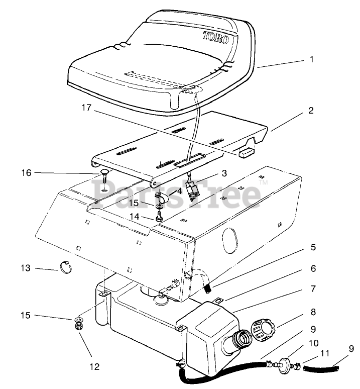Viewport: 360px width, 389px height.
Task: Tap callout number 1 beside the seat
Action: pos(311,59)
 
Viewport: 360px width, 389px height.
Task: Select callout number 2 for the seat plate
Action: pos(311,111)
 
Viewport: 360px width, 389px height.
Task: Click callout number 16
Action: pos(26,172)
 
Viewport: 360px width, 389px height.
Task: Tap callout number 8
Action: pos(312,312)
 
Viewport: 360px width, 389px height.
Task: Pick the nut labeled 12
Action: pos(78,326)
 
